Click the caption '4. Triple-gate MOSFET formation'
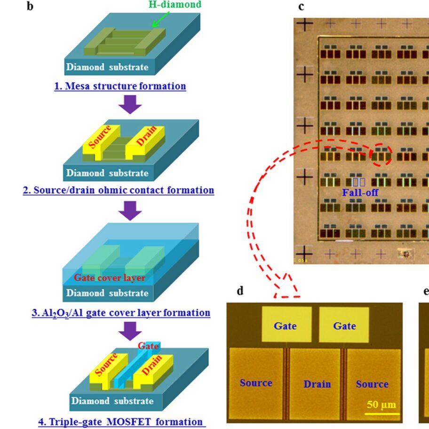(x=122, y=421)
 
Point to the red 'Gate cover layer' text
(x=109, y=278)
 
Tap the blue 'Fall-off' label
(x=360, y=193)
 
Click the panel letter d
(x=240, y=291)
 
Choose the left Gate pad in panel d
(x=286, y=325)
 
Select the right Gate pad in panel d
(x=344, y=325)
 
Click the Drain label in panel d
(x=317, y=384)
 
